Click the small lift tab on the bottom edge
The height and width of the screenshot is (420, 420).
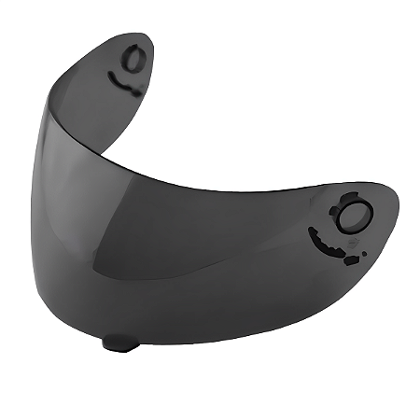click(x=120, y=343)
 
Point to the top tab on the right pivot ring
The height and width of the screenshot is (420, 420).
click(x=354, y=199)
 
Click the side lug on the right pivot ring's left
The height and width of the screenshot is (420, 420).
click(x=333, y=211)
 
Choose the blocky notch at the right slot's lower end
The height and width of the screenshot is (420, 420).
click(x=350, y=260)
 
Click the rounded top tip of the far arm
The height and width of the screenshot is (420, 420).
click(x=140, y=35)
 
